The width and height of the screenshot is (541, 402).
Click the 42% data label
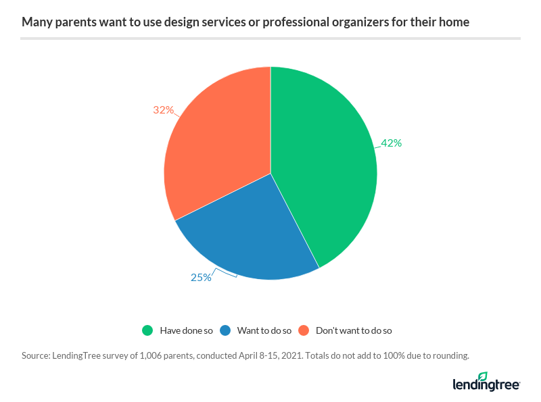[391, 143]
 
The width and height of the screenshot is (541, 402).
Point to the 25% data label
[201, 277]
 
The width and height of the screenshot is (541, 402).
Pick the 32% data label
[164, 109]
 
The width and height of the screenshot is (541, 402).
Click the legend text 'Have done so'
[186, 331]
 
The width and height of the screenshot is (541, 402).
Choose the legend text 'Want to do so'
[264, 331]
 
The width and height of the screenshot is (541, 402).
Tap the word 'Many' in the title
[35, 23]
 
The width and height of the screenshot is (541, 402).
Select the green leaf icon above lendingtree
[482, 376]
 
